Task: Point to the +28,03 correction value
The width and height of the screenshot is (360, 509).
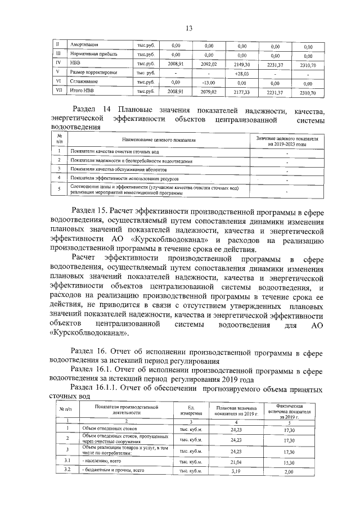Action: [242, 73]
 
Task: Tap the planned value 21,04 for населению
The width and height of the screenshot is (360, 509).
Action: [236, 461]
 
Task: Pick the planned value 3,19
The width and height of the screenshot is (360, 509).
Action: [236, 471]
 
